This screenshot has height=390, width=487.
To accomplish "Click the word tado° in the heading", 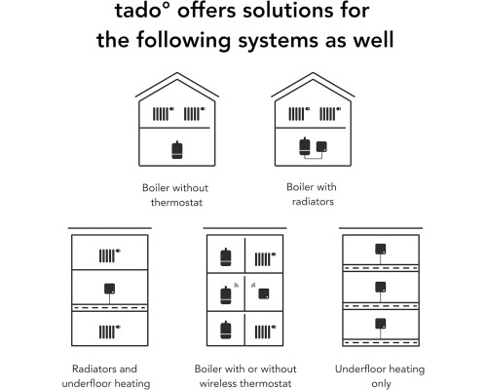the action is (142, 11).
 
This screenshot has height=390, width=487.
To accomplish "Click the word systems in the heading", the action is (278, 41).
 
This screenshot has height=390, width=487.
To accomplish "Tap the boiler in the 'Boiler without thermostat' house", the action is (177, 150).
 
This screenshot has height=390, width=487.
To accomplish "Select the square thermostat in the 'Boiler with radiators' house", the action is (321, 146).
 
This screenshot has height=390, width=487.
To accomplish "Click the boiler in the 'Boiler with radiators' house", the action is (305, 146).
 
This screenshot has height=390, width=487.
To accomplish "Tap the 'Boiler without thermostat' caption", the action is (175, 195).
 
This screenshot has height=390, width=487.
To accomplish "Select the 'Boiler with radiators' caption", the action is (312, 194).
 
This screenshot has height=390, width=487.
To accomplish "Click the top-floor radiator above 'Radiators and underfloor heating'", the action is (107, 255).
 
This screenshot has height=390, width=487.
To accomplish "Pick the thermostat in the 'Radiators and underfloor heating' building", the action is (109, 289).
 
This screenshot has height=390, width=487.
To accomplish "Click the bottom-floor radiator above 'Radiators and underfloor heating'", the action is (107, 331).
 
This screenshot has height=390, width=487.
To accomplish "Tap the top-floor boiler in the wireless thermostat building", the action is (226, 257).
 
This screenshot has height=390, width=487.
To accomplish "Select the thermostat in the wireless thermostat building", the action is (264, 293).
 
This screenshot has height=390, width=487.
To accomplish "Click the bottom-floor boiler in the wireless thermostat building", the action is (226, 330).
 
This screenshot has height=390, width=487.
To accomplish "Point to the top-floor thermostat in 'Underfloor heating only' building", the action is (381, 249).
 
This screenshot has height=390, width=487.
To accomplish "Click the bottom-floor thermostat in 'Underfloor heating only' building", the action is (381, 324).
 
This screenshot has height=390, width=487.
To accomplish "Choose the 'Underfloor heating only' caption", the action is (380, 376).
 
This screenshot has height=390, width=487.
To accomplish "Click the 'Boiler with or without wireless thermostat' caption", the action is (245, 376).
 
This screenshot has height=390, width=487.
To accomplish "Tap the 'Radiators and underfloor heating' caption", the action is (106, 376).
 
